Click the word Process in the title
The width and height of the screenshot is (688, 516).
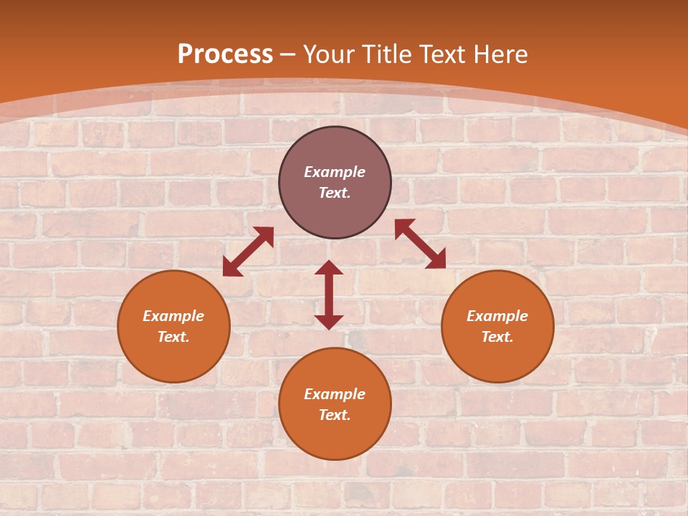point(225,54)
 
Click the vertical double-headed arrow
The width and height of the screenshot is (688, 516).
point(329,295)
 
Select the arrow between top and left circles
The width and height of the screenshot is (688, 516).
point(248,252)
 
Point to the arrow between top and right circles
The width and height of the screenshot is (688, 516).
point(420,244)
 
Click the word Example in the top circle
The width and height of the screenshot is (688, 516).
point(335,172)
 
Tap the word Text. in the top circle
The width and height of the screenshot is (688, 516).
point(335,193)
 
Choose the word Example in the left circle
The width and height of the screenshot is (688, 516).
point(173,316)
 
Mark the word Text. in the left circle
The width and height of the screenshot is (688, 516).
point(173,337)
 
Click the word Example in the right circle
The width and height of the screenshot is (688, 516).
point(497,316)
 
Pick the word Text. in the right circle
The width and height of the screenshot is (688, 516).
point(497,337)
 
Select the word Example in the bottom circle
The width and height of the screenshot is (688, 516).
point(335,394)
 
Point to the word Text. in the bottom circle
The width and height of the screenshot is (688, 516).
point(335,415)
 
